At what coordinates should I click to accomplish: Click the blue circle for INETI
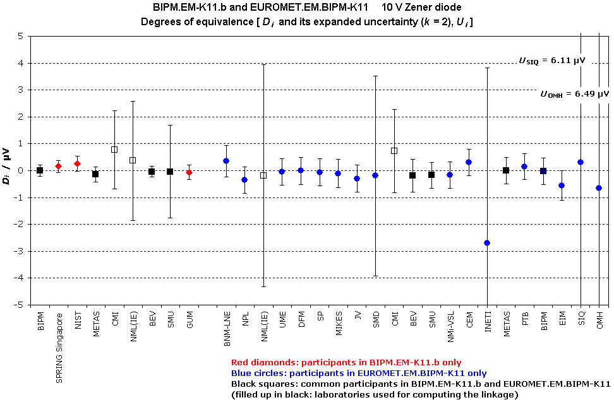tap(487, 243)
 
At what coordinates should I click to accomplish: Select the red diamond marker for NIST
tap(77, 164)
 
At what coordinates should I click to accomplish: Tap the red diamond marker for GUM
tap(189, 172)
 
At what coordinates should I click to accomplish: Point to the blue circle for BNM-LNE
tap(226, 161)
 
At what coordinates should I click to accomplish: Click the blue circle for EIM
tap(562, 185)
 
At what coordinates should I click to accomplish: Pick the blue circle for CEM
tap(469, 162)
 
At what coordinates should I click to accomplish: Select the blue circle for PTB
tap(524, 167)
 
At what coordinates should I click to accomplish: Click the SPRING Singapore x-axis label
tap(59, 341)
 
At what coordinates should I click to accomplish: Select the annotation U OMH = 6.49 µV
tap(574, 94)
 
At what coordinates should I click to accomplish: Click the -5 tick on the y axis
tap(21, 305)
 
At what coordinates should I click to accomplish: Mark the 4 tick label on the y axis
tap(21, 63)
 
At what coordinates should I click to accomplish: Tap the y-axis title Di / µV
tap(8, 170)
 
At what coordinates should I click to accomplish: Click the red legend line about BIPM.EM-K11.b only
tap(346, 363)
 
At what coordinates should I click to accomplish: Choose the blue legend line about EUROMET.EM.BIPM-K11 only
tap(359, 373)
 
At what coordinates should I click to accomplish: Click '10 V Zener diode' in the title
tap(423, 8)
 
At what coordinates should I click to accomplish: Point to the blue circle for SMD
tap(375, 175)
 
